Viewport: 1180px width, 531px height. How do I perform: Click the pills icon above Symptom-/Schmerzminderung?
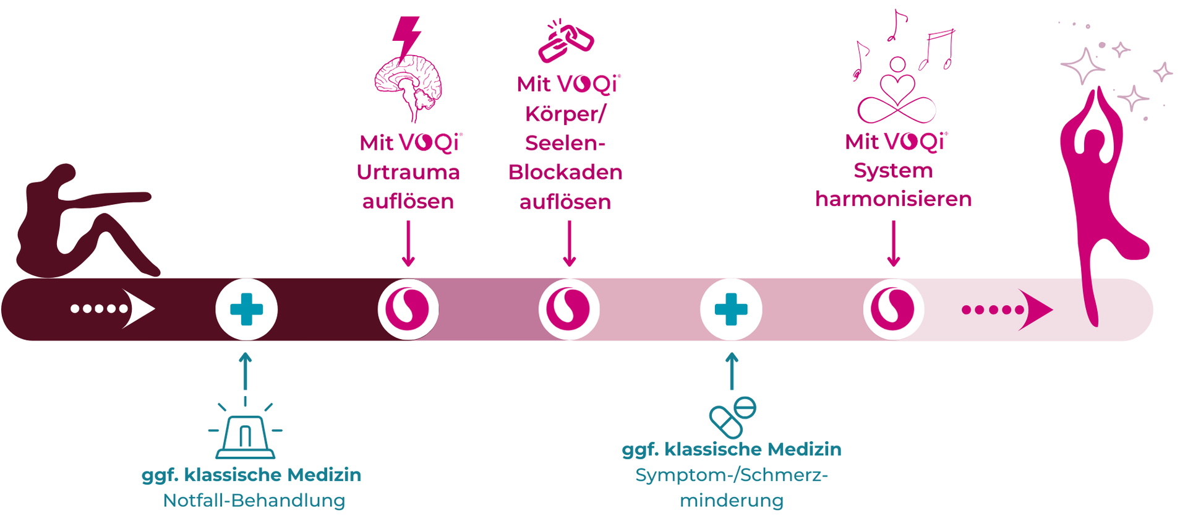click(x=733, y=417)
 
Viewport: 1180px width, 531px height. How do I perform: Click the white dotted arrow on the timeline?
click(x=112, y=308)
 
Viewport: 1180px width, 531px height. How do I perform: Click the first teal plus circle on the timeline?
click(x=246, y=309)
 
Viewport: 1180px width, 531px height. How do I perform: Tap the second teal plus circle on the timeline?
click(x=731, y=309)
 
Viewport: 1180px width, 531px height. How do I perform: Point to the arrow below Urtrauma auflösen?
click(x=408, y=244)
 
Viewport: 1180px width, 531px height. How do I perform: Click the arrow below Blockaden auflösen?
click(x=570, y=244)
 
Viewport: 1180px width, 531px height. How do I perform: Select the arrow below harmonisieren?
click(x=894, y=244)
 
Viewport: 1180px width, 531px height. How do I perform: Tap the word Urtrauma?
click(x=408, y=172)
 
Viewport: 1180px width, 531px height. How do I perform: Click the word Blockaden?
click(x=565, y=172)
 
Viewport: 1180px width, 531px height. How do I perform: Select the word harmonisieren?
click(x=894, y=199)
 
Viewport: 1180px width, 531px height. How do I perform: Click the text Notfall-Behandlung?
click(x=254, y=500)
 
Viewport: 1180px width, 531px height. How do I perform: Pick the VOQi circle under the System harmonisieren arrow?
click(x=893, y=309)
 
